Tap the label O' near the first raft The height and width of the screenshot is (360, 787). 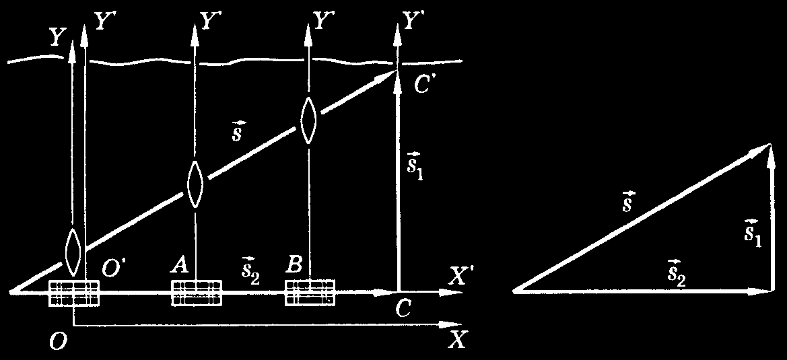[113, 268]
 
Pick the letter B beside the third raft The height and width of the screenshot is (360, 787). [294, 265]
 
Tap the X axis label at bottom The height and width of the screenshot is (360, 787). [456, 340]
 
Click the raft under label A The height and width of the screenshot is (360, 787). [197, 293]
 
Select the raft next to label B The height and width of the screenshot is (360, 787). [310, 293]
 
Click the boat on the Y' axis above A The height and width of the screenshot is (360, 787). [195, 184]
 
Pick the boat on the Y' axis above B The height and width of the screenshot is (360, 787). [308, 120]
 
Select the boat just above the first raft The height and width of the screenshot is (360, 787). [73, 252]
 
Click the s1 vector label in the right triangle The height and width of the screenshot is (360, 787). [753, 232]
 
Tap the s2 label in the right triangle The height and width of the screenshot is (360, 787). [677, 273]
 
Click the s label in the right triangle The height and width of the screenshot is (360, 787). [627, 201]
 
